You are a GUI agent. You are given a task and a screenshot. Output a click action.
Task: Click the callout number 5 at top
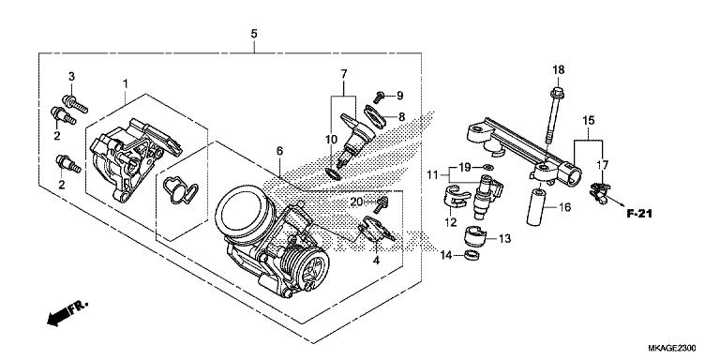(x=253, y=34)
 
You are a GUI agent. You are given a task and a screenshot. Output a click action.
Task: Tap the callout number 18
(x=558, y=70)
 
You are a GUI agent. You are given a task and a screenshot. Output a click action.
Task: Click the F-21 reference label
(x=639, y=214)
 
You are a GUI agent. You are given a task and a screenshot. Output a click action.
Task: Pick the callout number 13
(x=504, y=239)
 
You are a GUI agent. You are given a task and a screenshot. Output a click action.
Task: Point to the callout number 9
(x=398, y=96)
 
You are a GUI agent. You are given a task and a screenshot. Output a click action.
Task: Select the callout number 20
(x=356, y=202)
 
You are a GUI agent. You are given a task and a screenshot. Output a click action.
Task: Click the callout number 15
(x=589, y=121)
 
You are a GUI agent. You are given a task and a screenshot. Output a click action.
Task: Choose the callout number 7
(x=344, y=73)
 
